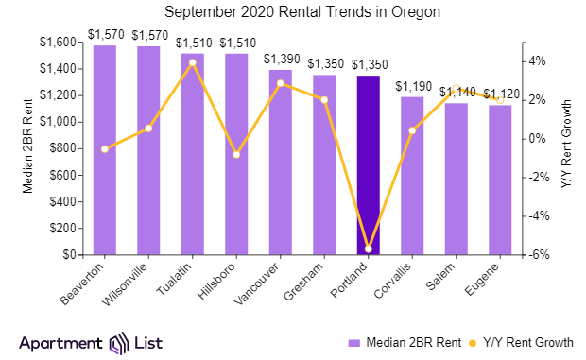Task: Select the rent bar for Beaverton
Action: (x=104, y=150)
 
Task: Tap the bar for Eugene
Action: (x=499, y=180)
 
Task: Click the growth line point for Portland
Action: (x=368, y=249)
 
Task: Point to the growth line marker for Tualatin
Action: (x=192, y=62)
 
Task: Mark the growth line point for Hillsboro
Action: (x=236, y=154)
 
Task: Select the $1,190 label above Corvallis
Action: (x=412, y=86)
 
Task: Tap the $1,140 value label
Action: (x=456, y=93)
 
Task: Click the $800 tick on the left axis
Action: (x=62, y=148)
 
